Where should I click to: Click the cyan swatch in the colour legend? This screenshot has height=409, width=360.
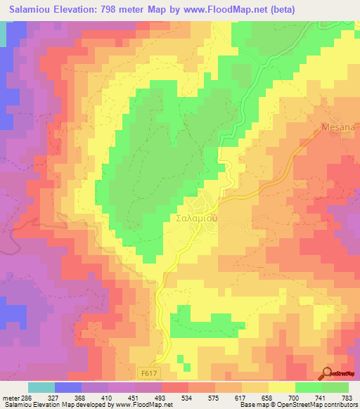[41, 387]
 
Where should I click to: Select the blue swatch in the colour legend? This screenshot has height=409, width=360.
[68, 387]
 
